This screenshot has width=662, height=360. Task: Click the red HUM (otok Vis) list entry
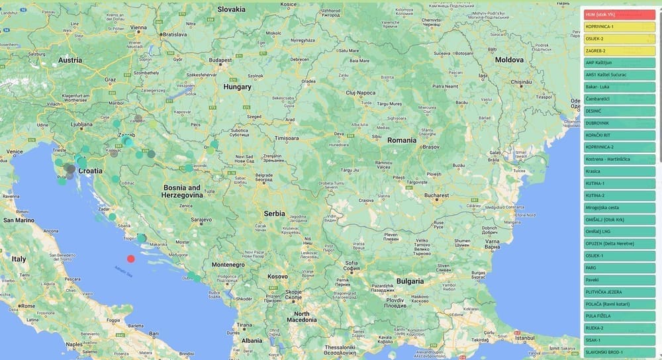click(x=619, y=14)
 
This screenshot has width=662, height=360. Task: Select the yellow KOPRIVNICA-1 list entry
click(x=619, y=26)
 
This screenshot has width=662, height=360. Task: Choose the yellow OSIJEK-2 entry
click(x=619, y=38)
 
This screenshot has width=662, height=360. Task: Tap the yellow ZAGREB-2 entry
click(x=619, y=50)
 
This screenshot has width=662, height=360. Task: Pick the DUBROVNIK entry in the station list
click(x=619, y=123)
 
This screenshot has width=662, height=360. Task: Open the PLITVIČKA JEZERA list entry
click(x=619, y=292)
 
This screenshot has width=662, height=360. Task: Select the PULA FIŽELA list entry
click(x=619, y=316)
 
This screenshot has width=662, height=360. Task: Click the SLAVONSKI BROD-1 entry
click(x=619, y=352)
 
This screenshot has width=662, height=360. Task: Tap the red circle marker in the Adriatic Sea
click(x=131, y=259)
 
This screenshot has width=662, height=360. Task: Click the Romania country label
click(x=402, y=140)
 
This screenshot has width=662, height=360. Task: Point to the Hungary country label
click(x=237, y=87)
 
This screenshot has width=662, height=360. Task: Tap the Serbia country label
click(x=274, y=213)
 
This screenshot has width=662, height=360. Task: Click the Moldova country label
click(x=509, y=60)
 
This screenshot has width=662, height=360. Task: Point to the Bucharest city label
click(x=437, y=196)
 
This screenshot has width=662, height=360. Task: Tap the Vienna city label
click(x=138, y=28)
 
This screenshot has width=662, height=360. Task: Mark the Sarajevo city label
click(x=201, y=219)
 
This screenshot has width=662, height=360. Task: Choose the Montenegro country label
click(x=228, y=265)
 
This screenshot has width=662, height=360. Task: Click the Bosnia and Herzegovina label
click(x=182, y=191)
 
